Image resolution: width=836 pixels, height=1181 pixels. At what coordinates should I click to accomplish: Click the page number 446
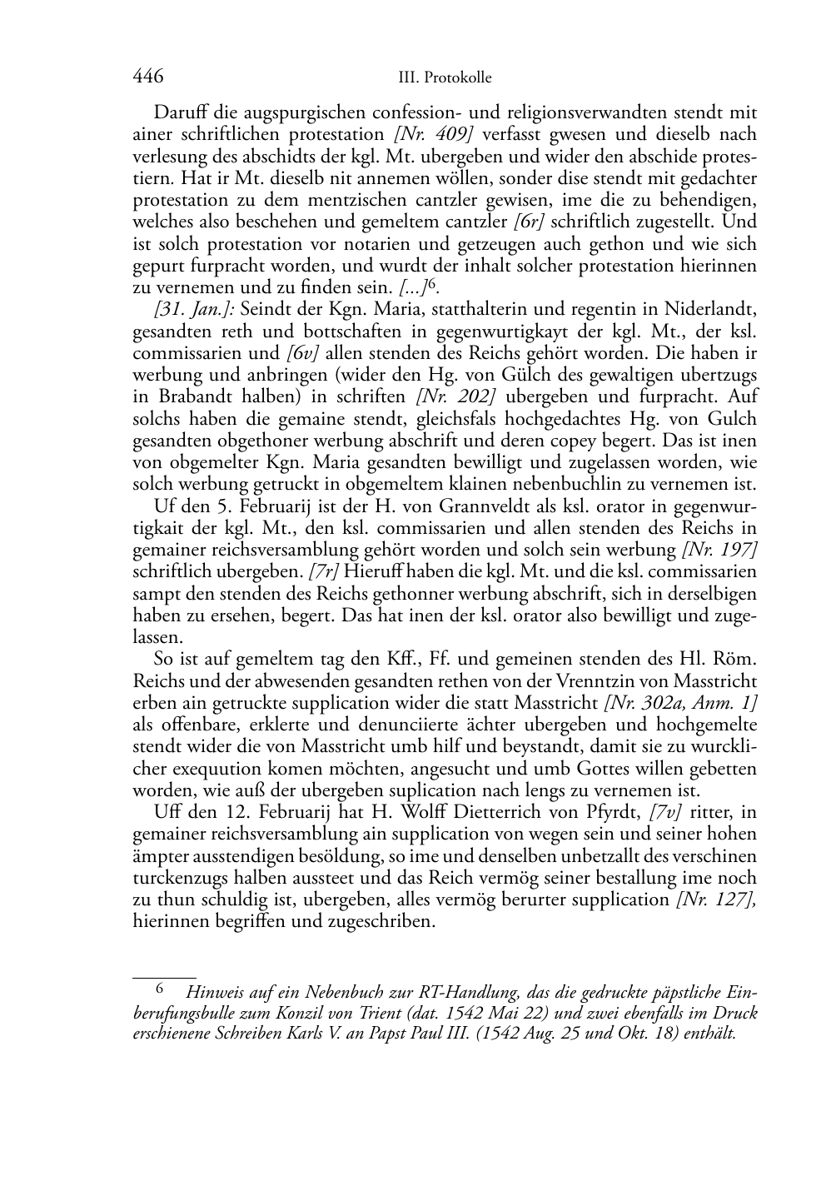pos(147,77)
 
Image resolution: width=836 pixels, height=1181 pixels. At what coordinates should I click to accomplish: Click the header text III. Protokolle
pos(445,78)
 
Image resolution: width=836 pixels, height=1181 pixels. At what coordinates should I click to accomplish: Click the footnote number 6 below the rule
pos(162,990)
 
